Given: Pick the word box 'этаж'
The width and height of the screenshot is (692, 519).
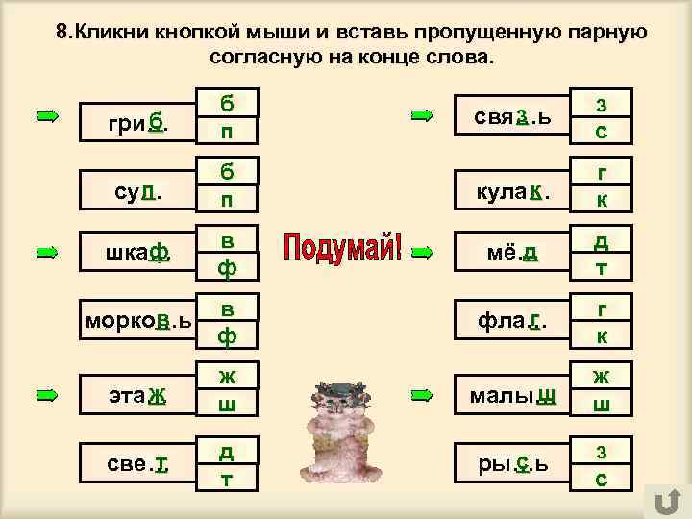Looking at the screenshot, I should tap(136, 394).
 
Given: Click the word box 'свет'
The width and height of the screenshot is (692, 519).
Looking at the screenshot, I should tap(136, 465).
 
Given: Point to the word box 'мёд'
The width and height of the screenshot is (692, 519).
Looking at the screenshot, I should tap(509, 254).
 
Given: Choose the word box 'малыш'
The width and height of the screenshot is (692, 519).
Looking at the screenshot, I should tap(509, 395).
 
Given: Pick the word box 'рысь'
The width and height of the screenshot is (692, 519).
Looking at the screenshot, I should tap(509, 465).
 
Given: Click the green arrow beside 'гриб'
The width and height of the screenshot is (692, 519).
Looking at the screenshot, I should tap(47, 116).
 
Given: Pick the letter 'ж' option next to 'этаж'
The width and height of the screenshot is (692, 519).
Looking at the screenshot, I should tap(227, 377).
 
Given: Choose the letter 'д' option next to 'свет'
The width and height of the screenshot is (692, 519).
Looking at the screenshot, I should tap(227, 450).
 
